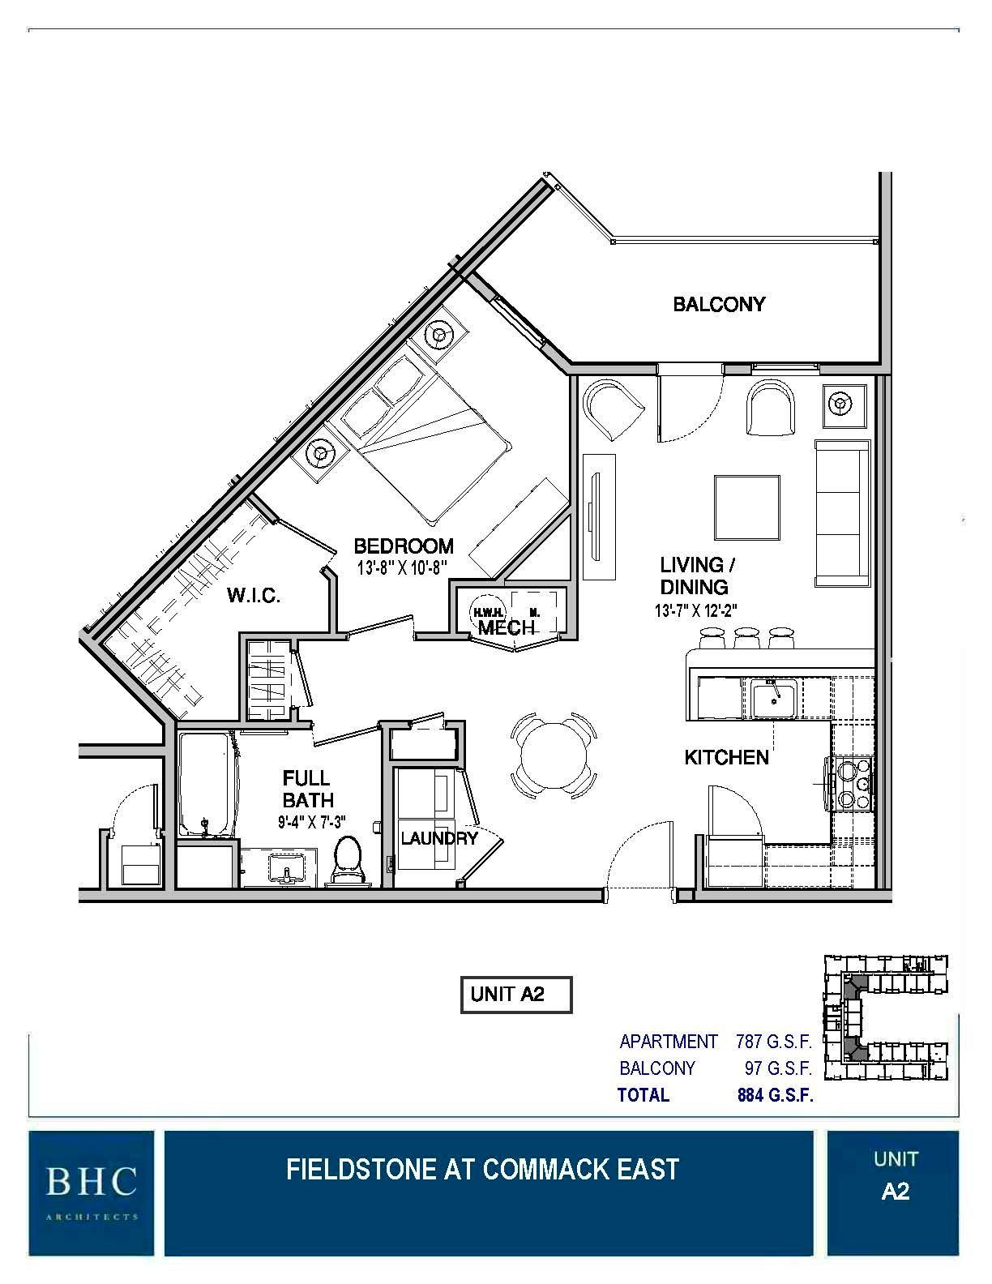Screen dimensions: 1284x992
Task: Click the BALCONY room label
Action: pyautogui.click(x=719, y=305)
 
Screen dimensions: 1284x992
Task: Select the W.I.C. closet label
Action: pyautogui.click(x=254, y=597)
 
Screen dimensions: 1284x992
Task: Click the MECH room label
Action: pyautogui.click(x=506, y=627)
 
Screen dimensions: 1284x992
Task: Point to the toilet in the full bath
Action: pyautogui.click(x=348, y=859)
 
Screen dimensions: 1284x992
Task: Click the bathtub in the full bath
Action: pyautogui.click(x=207, y=785)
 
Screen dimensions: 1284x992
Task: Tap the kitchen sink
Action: pyautogui.click(x=773, y=700)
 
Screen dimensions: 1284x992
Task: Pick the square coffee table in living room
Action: pyautogui.click(x=746, y=507)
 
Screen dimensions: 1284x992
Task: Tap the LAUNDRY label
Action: pyautogui.click(x=438, y=838)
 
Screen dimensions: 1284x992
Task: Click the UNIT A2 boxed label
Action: pyautogui.click(x=516, y=995)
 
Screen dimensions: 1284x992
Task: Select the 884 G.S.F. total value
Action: pyautogui.click(x=775, y=1095)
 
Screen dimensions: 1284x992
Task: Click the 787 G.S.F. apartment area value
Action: pyautogui.click(x=773, y=1041)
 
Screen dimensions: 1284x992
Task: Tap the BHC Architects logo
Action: pyautogui.click(x=91, y=1192)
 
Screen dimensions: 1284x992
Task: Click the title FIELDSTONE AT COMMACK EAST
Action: pyautogui.click(x=482, y=1169)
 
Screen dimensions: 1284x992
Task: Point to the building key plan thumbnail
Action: pyautogui.click(x=885, y=1018)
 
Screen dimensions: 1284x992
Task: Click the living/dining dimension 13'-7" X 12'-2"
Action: pyautogui.click(x=695, y=612)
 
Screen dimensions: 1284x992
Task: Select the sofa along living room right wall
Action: pyautogui.click(x=842, y=513)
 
